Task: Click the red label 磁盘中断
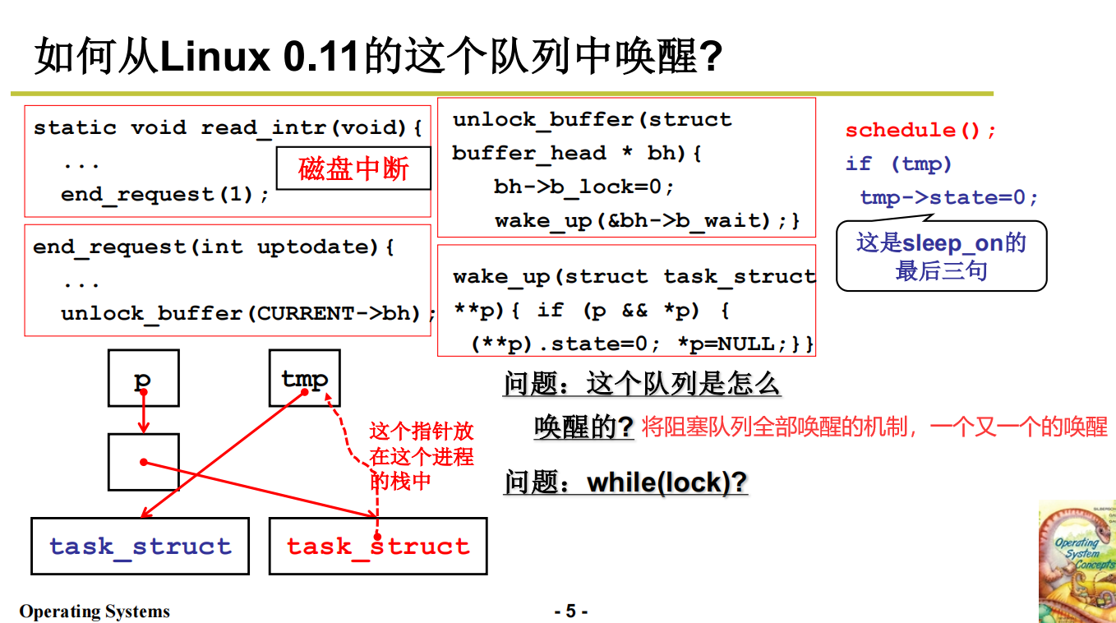point(353,169)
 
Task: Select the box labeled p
point(143,378)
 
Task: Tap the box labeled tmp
point(304,378)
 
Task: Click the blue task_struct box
point(140,546)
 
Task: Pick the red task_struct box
point(378,546)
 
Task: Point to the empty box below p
point(143,462)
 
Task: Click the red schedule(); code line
point(920,130)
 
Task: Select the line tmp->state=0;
point(949,197)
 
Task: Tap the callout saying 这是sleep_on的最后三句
point(941,256)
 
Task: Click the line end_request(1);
point(164,195)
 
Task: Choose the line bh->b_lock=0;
point(583,187)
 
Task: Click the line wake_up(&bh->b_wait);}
point(647,220)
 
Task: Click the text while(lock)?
point(666,482)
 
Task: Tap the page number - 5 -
point(570,611)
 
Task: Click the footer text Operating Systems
point(95,611)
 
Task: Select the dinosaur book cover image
point(1077,561)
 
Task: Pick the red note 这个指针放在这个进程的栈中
point(421,455)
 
